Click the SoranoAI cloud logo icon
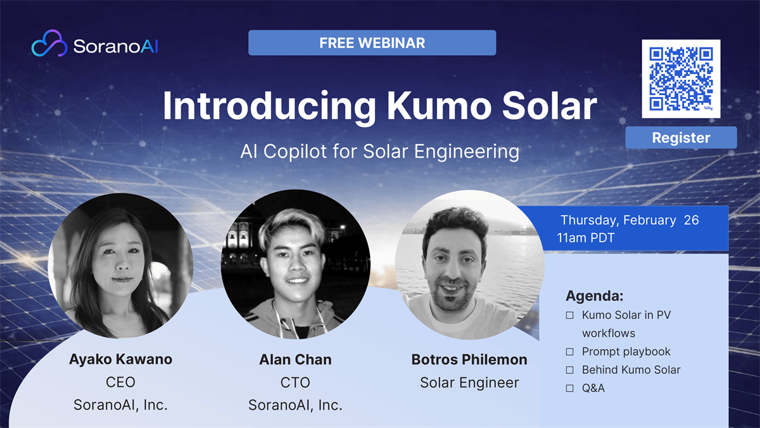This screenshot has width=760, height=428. point(49,43)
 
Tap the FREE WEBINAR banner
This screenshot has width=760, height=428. point(372,43)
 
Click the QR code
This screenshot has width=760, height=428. point(681,79)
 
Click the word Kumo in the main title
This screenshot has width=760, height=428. point(439,106)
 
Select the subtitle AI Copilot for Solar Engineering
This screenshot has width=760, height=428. point(379,151)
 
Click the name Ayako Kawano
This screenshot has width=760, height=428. point(120,360)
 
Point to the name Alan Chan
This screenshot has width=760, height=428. point(295,360)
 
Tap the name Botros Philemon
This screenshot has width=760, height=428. point(469,360)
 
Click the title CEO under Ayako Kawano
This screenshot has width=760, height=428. point(120,382)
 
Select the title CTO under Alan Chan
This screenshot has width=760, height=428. point(295,382)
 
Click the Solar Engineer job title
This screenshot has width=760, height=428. point(469,383)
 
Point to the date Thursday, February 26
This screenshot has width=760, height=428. point(630,220)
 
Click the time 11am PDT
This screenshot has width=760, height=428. point(586,238)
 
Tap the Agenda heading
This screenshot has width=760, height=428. point(595,296)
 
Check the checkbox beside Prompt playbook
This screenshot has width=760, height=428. point(569,351)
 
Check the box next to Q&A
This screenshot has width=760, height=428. point(569,388)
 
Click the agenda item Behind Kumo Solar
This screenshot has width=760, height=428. point(631,370)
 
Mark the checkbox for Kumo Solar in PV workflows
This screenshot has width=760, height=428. point(569,315)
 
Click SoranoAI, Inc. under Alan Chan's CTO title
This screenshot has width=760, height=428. point(295,405)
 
